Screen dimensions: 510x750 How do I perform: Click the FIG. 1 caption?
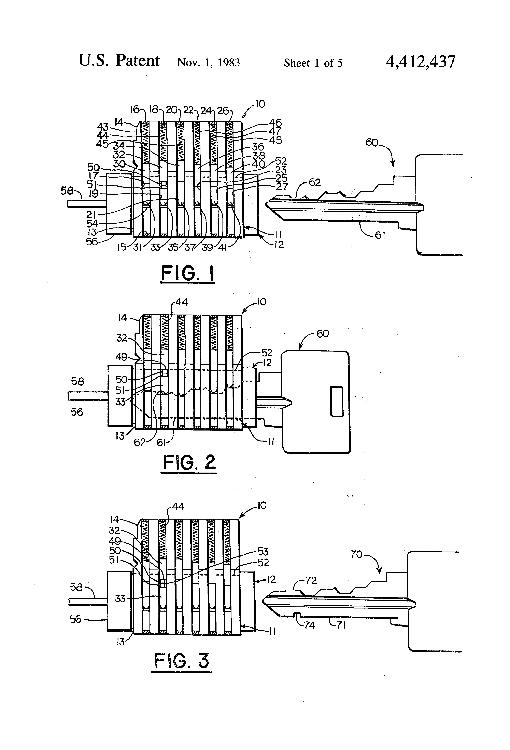coord(188,274)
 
